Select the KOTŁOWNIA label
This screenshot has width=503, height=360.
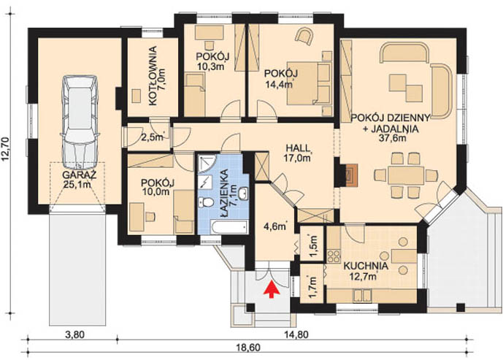tap(153, 76)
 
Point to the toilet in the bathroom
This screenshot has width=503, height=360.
tap(207, 202)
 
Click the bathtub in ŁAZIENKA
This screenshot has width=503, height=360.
tap(230, 227)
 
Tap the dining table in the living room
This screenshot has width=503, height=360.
tap(406, 175)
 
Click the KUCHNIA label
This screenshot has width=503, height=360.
tap(366, 266)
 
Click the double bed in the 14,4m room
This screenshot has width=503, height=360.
tap(309, 83)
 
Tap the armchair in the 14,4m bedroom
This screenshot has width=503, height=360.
tap(304, 36)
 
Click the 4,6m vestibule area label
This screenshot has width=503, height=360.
tap(275, 226)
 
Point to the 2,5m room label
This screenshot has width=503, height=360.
tap(153, 137)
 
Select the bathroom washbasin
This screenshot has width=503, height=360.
tap(244, 194)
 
